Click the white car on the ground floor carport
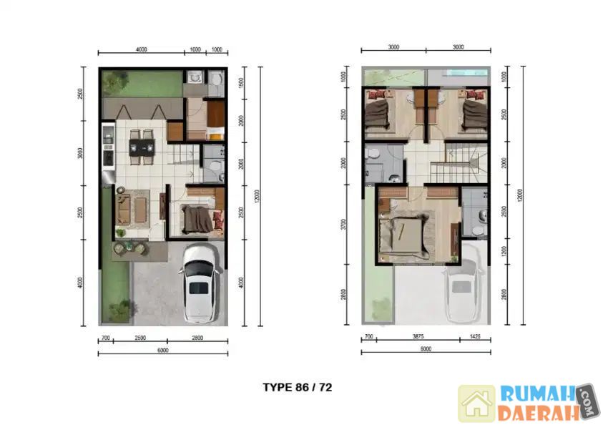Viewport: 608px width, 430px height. click(x=199, y=283)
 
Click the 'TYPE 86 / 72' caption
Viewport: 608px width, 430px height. click(x=298, y=388)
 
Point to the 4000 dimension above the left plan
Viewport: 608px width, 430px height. click(x=141, y=49)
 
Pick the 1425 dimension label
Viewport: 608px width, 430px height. click(x=476, y=336)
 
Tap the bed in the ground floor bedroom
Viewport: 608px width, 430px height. click(x=197, y=218)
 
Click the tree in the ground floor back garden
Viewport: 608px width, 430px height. click(x=114, y=84)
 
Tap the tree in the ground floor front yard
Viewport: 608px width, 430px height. click(x=119, y=310)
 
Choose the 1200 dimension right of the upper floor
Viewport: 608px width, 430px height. click(x=506, y=251)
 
